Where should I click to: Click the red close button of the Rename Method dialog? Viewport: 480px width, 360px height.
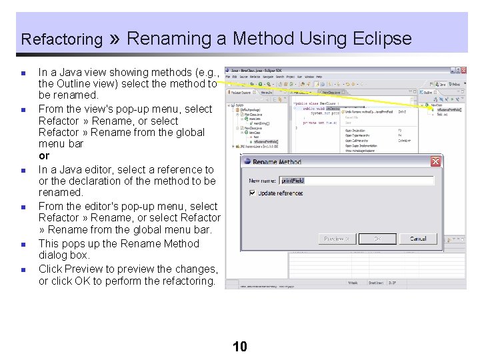point(435,161)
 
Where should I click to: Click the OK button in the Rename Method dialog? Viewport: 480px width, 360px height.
point(377,239)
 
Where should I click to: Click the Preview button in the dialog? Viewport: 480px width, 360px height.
point(336,239)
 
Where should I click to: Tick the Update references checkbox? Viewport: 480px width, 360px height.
point(252,193)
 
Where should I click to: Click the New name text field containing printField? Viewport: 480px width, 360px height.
point(355,181)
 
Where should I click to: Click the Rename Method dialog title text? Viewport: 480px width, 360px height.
point(277,162)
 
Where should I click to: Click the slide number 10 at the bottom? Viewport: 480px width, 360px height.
point(240,346)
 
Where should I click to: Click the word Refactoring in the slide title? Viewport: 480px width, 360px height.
point(61,39)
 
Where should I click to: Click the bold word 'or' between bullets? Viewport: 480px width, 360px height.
point(44,155)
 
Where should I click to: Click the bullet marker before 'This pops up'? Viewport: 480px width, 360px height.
point(22,245)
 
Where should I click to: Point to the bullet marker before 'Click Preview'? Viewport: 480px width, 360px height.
point(22,270)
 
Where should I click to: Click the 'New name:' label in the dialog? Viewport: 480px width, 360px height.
point(263,181)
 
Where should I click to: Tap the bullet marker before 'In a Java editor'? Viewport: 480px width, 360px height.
point(22,171)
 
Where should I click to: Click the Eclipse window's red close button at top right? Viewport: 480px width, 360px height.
point(461,69)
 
